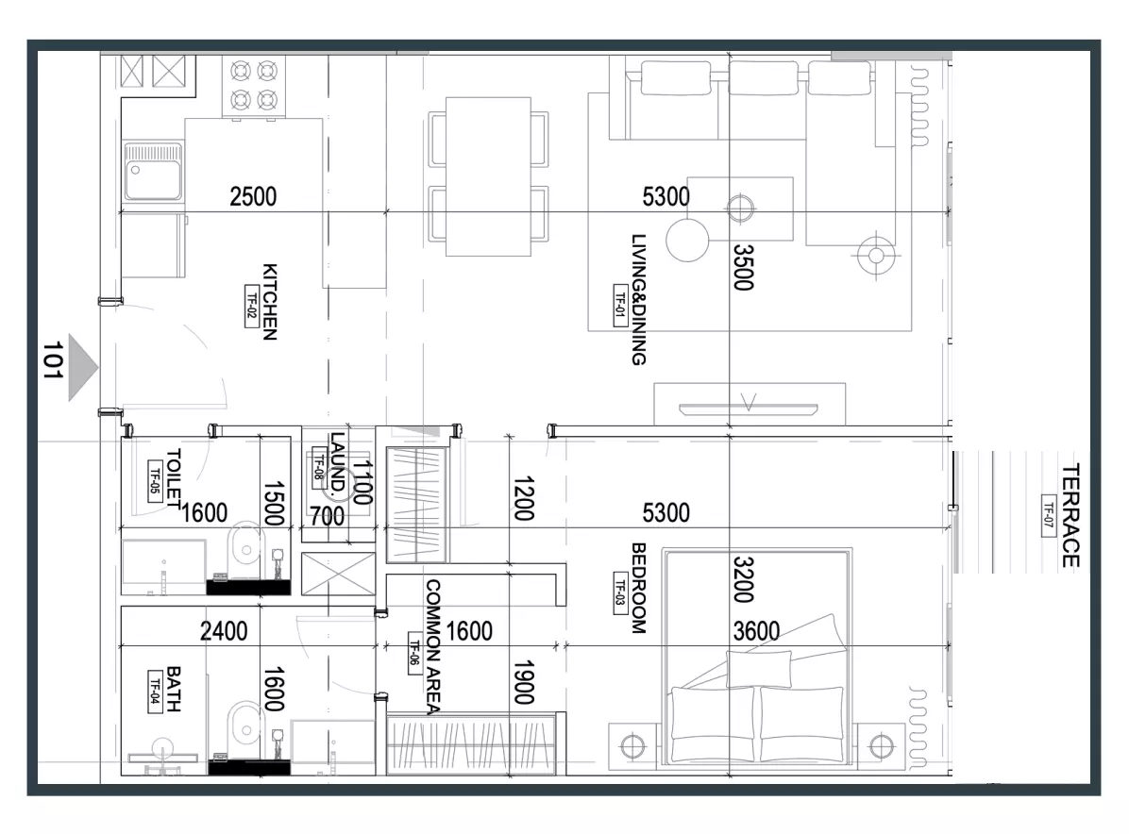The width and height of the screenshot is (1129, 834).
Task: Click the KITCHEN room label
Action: (269, 302)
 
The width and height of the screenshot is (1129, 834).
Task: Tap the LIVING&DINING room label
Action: (638, 299)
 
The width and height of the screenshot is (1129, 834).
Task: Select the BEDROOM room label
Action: (638, 588)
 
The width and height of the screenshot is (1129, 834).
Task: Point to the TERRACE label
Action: (1070, 516)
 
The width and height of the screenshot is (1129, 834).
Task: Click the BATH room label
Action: (174, 689)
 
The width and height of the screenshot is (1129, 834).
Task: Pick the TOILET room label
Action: (174, 478)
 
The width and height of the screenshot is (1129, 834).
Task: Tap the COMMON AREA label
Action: (432, 647)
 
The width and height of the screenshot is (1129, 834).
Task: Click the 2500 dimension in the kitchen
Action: (253, 196)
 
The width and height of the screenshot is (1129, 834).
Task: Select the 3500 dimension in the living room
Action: (743, 268)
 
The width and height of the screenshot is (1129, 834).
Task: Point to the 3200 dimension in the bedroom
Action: (743, 580)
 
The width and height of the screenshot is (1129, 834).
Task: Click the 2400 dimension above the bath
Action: (224, 631)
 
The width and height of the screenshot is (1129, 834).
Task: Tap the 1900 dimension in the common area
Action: (524, 682)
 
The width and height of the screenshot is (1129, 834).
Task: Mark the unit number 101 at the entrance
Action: (53, 359)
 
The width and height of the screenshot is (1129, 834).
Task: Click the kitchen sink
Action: (153, 172)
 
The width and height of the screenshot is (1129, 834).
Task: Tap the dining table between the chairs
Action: (488, 177)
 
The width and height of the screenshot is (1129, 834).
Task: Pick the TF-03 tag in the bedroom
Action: (619, 589)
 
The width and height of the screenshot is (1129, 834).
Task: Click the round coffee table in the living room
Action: (687, 241)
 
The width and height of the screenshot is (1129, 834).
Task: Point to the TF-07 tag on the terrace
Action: (1049, 516)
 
